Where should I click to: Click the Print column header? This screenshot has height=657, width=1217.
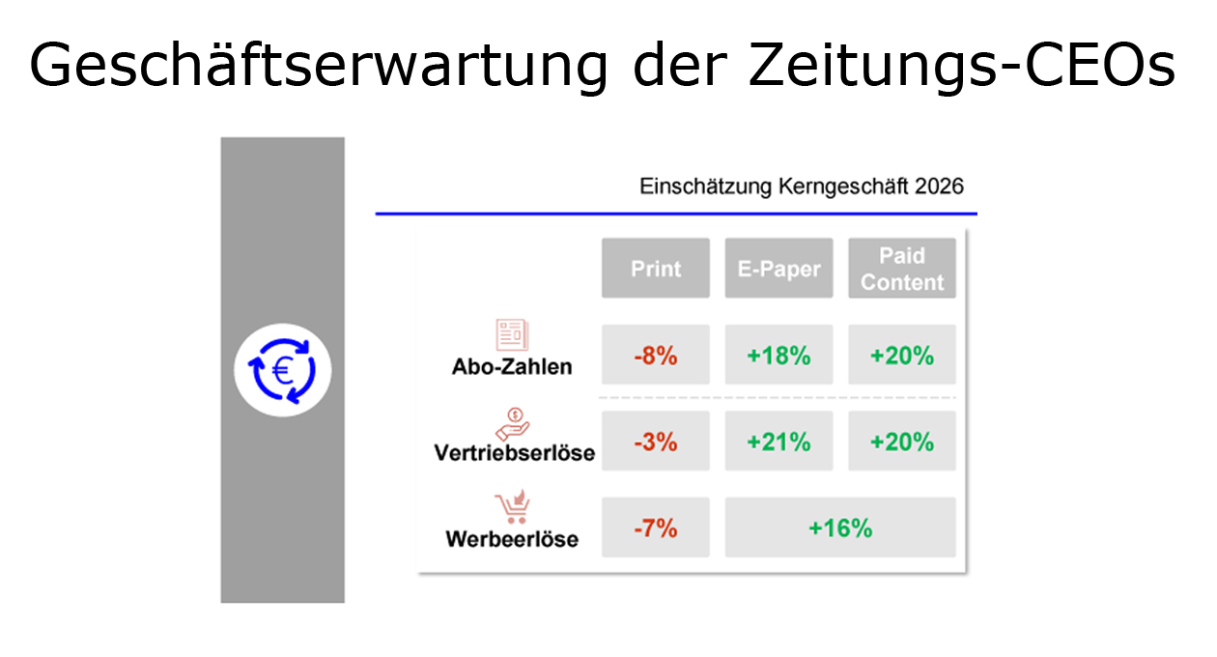coord(655,268)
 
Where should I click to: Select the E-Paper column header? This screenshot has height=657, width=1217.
coord(778,268)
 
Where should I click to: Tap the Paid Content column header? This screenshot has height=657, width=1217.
coord(902,268)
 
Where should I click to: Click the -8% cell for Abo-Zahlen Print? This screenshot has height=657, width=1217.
coord(655,355)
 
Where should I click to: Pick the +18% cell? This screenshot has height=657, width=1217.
coord(778,355)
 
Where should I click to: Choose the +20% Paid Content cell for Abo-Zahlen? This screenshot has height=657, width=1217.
coord(902,355)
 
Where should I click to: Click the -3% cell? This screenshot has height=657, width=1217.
coord(655,441)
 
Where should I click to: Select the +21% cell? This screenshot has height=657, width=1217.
coord(778,441)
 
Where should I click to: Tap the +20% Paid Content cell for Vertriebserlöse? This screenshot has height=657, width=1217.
coord(902,441)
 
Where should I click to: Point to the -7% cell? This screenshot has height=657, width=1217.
coord(655,528)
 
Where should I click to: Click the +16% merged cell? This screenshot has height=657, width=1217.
coord(840,528)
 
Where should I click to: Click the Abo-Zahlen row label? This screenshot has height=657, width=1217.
coord(512,367)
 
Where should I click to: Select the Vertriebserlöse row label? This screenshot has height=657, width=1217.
coord(515,453)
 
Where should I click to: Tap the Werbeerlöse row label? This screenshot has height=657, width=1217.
coord(512,539)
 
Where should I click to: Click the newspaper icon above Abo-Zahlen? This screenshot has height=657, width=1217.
coord(512,334)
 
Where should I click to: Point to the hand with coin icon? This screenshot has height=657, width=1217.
coord(512,424)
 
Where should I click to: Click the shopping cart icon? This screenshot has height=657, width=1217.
coord(512,506)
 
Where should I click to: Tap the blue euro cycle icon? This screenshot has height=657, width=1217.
coord(282,370)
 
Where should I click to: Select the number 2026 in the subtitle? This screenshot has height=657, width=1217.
coord(939,186)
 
